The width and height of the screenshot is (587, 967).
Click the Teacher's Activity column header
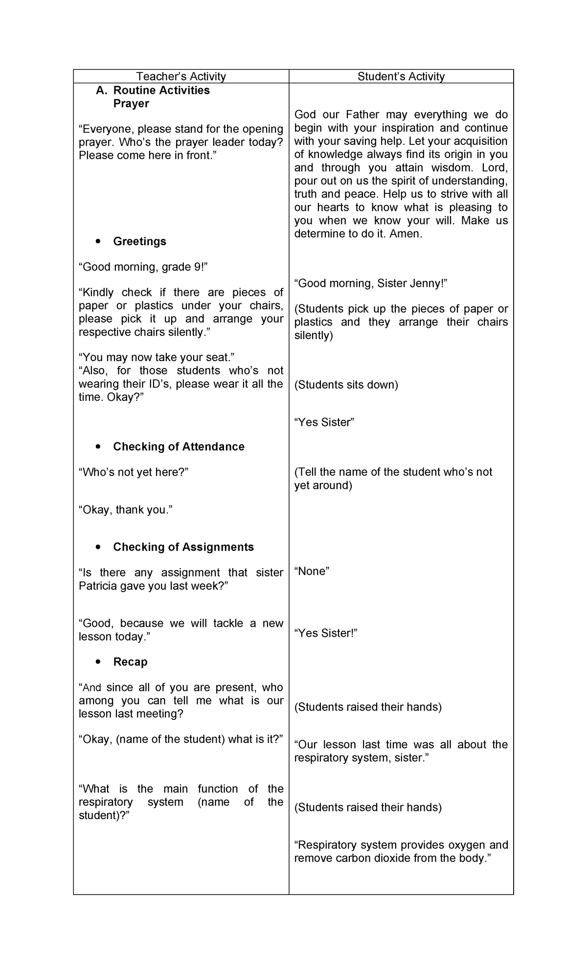click(181, 76)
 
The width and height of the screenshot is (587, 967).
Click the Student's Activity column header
click(401, 76)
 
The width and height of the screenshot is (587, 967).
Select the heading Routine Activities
click(161, 90)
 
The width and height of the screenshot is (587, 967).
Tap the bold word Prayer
click(131, 103)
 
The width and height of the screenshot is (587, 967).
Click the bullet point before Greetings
click(99, 241)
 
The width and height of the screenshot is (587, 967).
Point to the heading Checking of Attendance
click(179, 446)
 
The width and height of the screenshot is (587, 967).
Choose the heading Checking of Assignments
click(183, 547)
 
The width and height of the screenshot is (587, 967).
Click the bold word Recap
click(130, 662)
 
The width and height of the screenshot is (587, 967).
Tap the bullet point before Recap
click(99, 662)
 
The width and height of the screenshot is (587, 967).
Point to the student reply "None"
click(312, 571)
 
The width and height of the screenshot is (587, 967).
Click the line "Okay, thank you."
click(126, 509)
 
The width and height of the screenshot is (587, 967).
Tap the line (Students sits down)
click(346, 385)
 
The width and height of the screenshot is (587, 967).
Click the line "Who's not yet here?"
click(134, 472)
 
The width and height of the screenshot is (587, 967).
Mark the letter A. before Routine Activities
click(101, 90)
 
